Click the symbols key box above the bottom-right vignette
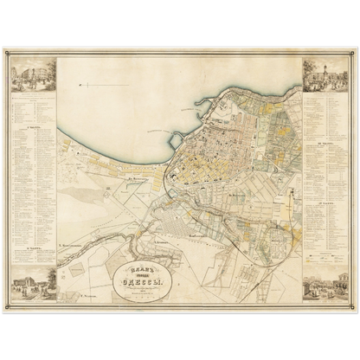325,257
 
